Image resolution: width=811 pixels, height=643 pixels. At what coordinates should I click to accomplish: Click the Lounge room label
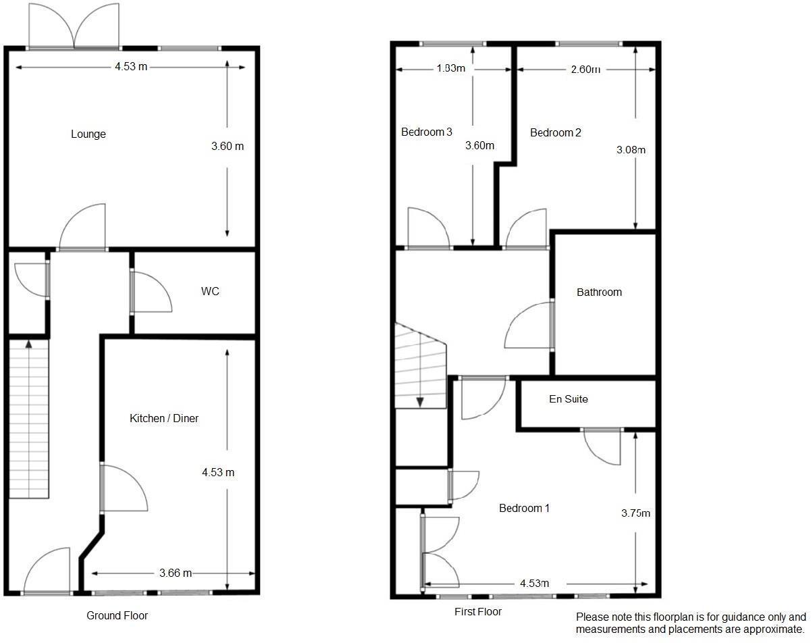click(88, 134)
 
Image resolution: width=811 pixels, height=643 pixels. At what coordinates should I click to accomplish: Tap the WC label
click(210, 292)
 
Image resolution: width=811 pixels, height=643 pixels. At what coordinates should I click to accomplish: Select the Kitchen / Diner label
click(164, 419)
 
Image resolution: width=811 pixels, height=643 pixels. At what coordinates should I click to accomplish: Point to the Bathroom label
click(599, 292)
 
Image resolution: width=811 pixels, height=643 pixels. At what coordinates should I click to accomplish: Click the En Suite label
click(568, 399)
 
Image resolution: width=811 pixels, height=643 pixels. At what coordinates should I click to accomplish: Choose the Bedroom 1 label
click(524, 508)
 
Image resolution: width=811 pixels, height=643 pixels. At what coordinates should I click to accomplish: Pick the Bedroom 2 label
click(555, 133)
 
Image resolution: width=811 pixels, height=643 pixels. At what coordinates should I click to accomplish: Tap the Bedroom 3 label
click(427, 132)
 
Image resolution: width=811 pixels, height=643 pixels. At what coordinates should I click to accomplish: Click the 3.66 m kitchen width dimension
click(176, 573)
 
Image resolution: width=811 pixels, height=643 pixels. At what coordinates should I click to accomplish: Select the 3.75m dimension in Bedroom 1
click(635, 513)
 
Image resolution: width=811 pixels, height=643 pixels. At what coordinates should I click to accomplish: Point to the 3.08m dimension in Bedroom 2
click(631, 150)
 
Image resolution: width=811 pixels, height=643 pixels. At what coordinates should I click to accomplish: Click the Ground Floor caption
click(117, 615)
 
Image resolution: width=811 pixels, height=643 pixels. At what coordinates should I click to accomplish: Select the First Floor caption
click(478, 612)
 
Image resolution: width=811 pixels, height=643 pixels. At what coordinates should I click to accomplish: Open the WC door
click(150, 293)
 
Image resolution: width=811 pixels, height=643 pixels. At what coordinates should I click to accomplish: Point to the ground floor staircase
click(29, 419)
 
